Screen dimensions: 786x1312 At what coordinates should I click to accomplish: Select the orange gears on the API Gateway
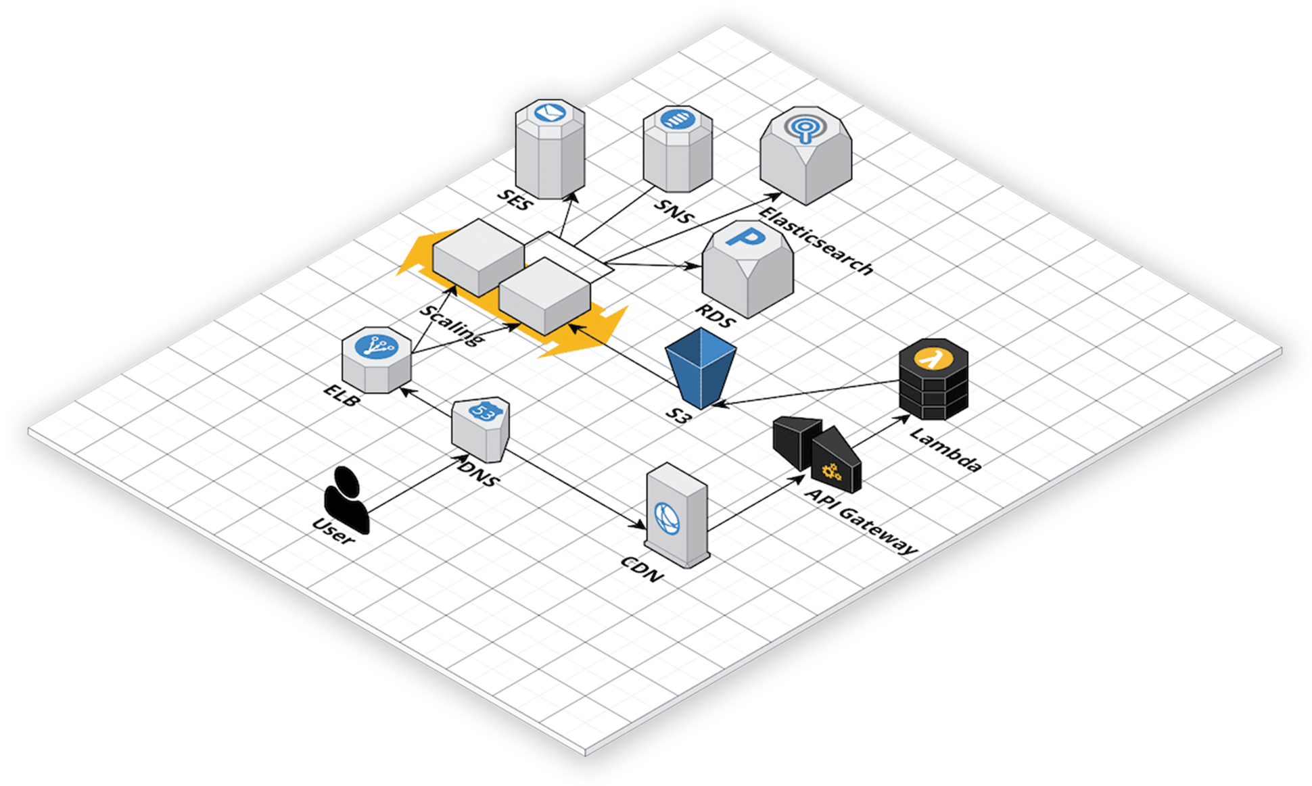pos(831,471)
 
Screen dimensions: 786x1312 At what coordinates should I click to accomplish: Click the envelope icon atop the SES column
pos(550,112)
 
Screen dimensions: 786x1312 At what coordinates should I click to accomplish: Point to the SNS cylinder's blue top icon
pos(678,120)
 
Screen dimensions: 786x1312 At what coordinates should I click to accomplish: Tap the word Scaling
pos(452,325)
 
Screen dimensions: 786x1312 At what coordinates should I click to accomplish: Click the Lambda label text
pos(945,449)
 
